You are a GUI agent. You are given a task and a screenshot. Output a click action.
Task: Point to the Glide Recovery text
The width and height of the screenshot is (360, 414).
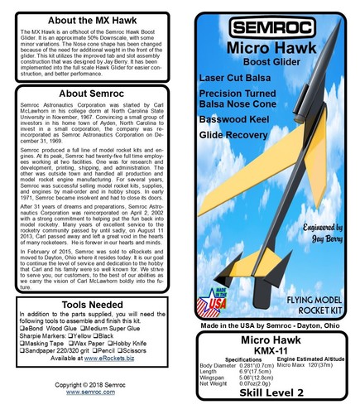click(x=234, y=161)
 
